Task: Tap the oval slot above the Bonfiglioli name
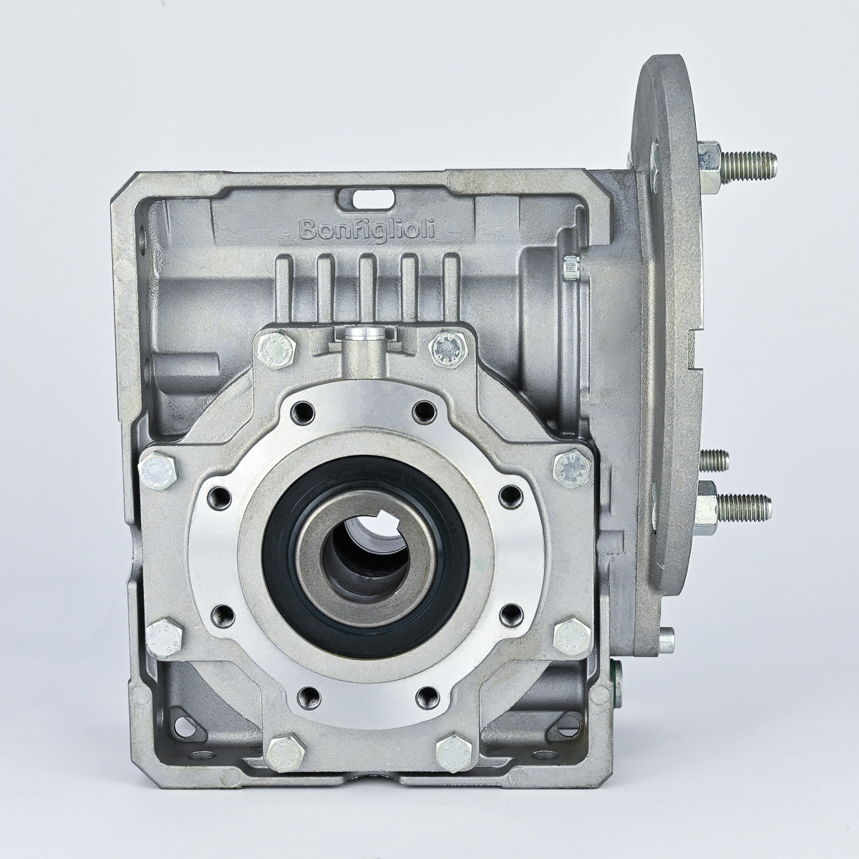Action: click(374, 195)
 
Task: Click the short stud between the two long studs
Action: click(712, 457)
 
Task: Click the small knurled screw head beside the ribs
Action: click(571, 267)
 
